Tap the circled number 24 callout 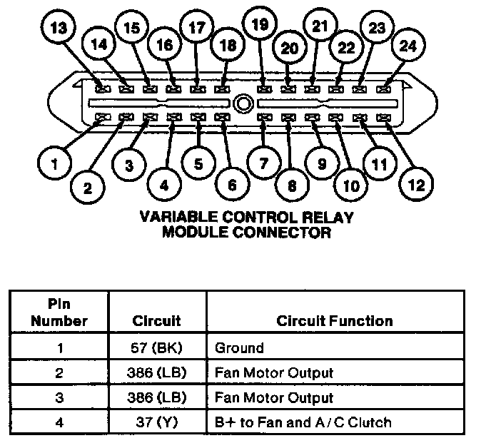[408, 47]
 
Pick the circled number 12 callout [416, 184]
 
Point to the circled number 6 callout [232, 185]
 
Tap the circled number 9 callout [322, 163]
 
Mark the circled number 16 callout [164, 46]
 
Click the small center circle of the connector [244, 103]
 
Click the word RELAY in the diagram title [325, 217]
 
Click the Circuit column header [157, 321]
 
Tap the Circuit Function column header [334, 321]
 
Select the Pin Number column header [59, 312]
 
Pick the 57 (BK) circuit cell [157, 348]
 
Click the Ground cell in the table [239, 348]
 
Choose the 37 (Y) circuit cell [157, 422]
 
